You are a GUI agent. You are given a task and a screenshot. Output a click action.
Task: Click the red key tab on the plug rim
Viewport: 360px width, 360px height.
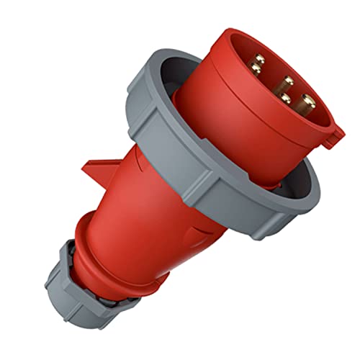tap(332, 136)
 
